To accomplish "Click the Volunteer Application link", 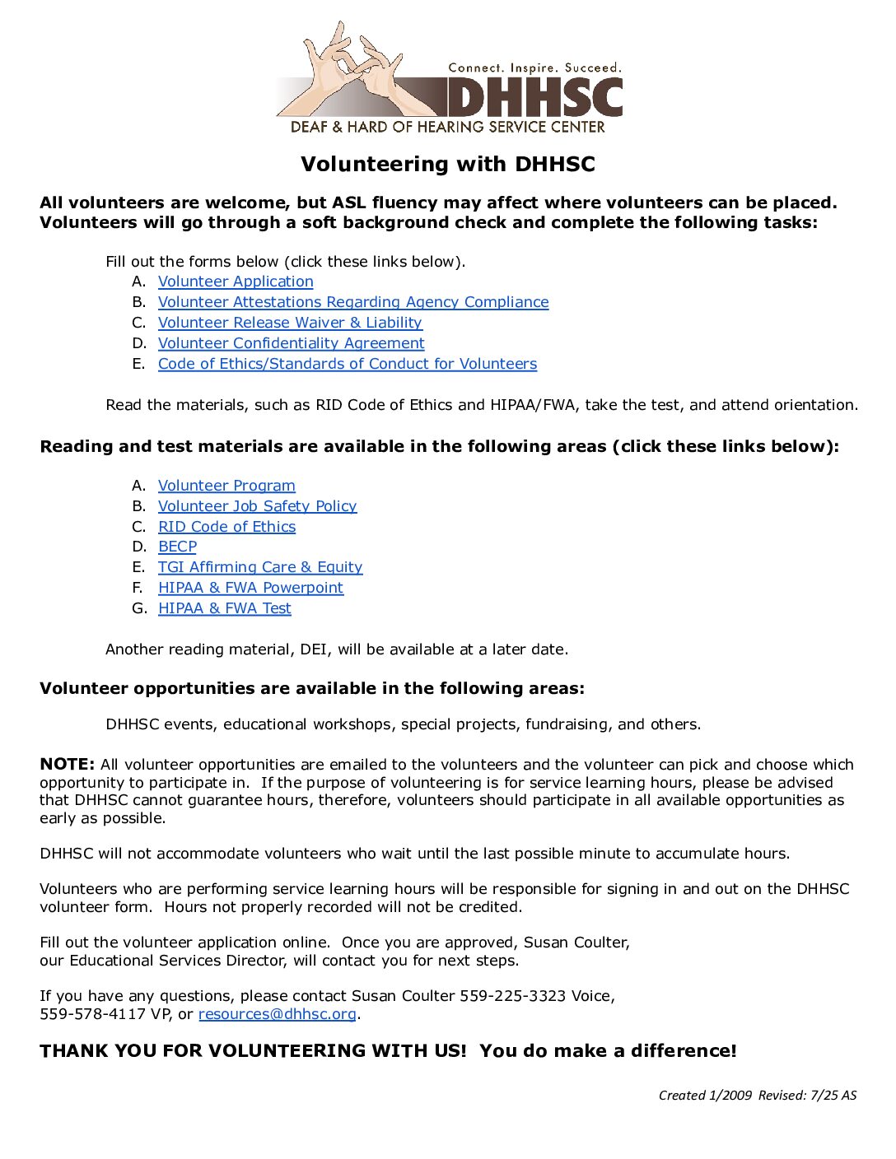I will [x=236, y=282].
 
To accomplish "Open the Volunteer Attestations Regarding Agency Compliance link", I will [x=353, y=302].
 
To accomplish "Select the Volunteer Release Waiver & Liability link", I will [x=290, y=323].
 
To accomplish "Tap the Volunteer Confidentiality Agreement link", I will [x=291, y=343].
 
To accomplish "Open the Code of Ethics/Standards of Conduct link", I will [x=347, y=364].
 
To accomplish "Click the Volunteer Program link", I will [x=226, y=486].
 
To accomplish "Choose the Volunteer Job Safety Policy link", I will [x=257, y=506].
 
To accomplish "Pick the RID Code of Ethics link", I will [x=226, y=527].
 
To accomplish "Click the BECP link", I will [x=177, y=547].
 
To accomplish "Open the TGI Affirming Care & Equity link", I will [x=259, y=567].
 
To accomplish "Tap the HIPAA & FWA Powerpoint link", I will [x=250, y=588].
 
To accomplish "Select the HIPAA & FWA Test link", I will [x=224, y=608].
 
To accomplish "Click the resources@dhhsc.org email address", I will [x=277, y=1014].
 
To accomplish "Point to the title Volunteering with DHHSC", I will [x=447, y=164].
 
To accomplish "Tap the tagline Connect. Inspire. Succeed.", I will [x=534, y=67].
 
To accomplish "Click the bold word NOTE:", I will [x=67, y=764].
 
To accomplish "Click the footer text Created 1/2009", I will [x=705, y=1095].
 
